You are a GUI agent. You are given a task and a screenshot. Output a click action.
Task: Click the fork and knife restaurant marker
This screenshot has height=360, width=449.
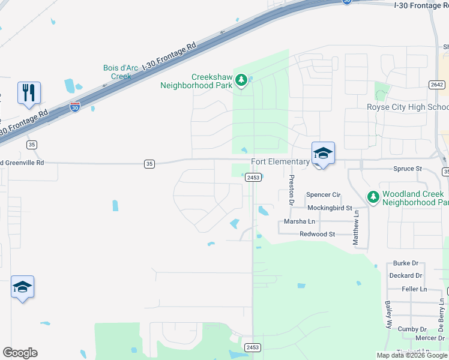click(x=29, y=94)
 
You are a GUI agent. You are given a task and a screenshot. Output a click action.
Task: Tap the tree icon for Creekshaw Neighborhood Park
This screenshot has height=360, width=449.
click(x=241, y=80)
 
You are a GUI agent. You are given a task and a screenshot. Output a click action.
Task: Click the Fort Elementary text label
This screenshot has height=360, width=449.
click(x=280, y=162)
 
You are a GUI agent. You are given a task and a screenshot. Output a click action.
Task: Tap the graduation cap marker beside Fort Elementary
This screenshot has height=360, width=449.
click(x=323, y=154)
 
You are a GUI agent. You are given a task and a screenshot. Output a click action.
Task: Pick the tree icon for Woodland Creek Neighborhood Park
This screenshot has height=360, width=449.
click(x=373, y=197)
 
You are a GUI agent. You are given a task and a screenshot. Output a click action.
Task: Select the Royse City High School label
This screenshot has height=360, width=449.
click(x=408, y=107)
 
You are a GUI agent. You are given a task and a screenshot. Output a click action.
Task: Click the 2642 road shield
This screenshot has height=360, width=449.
click(x=436, y=85)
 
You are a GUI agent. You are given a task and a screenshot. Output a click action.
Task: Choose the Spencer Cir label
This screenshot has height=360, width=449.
click(x=323, y=195)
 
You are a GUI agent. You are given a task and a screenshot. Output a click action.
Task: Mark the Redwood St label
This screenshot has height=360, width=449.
click(x=317, y=234)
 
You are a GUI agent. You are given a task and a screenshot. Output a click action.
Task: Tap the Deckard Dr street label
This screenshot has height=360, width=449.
click(x=406, y=276)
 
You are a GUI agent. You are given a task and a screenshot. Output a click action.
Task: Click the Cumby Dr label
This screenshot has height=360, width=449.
click(x=411, y=329)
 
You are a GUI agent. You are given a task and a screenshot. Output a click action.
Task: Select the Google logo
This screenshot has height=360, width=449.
click(x=20, y=353)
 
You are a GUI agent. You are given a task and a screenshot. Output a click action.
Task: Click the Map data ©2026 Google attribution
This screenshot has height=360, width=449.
click(x=412, y=355)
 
